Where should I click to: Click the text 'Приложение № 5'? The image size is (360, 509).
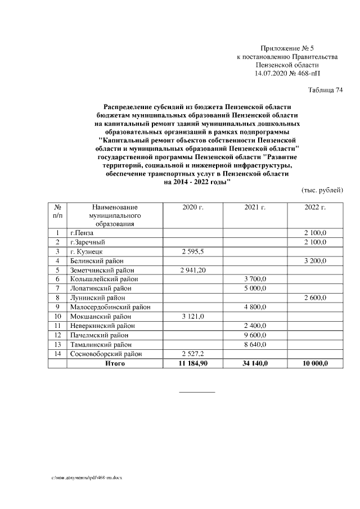pyautogui.click(x=287, y=49)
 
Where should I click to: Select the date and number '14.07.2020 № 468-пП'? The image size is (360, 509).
pyautogui.click(x=287, y=73)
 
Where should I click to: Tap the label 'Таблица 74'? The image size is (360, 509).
pyautogui.click(x=325, y=90)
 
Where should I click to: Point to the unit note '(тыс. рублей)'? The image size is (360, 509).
pyautogui.click(x=322, y=190)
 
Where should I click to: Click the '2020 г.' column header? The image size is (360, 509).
pyautogui.click(x=193, y=208)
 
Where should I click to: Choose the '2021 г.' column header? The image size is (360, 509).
pyautogui.click(x=255, y=208)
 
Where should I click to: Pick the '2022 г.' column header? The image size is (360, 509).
pyautogui.click(x=315, y=208)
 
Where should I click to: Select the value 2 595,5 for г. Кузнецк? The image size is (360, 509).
pyautogui.click(x=193, y=251)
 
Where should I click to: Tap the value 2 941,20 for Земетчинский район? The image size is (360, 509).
pyautogui.click(x=193, y=270)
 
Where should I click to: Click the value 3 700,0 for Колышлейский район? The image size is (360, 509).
pyautogui.click(x=255, y=279)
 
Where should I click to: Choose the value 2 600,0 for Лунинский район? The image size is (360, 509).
pyautogui.click(x=315, y=298)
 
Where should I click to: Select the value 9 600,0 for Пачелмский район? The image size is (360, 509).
pyautogui.click(x=255, y=335)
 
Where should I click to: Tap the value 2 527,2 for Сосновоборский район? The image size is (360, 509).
pyautogui.click(x=193, y=354)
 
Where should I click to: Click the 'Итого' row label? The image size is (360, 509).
pyautogui.click(x=115, y=363)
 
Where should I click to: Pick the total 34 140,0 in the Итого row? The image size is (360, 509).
pyautogui.click(x=255, y=363)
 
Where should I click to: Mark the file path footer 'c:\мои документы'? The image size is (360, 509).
pyautogui.click(x=87, y=478)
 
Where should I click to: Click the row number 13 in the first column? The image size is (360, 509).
pyautogui.click(x=57, y=344)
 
